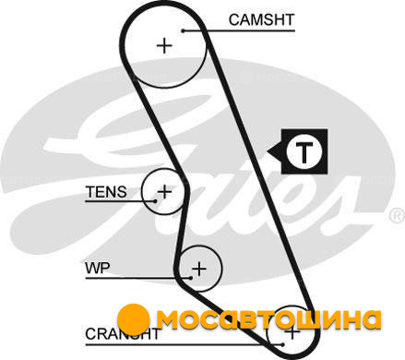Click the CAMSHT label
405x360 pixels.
(262, 19)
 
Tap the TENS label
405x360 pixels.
(106, 192)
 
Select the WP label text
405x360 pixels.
(98, 268)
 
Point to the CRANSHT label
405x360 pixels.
(123, 334)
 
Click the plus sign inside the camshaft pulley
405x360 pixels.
(165, 46)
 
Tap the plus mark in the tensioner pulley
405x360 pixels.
(164, 191)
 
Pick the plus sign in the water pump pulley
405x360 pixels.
(199, 269)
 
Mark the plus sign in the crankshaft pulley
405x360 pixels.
(292, 332)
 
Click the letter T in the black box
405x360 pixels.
(304, 152)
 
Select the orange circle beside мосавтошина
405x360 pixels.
(134, 319)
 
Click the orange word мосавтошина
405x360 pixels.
(269, 319)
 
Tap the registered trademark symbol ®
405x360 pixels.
(397, 216)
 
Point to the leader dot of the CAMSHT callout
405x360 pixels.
(184, 30)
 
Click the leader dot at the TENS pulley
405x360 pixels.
(156, 201)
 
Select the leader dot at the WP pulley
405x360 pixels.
(191, 278)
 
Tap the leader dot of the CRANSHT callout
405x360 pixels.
(283, 344)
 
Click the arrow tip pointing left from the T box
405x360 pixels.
(267, 151)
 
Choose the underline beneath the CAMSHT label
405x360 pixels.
(239, 30)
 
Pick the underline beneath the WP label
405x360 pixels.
(138, 278)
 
